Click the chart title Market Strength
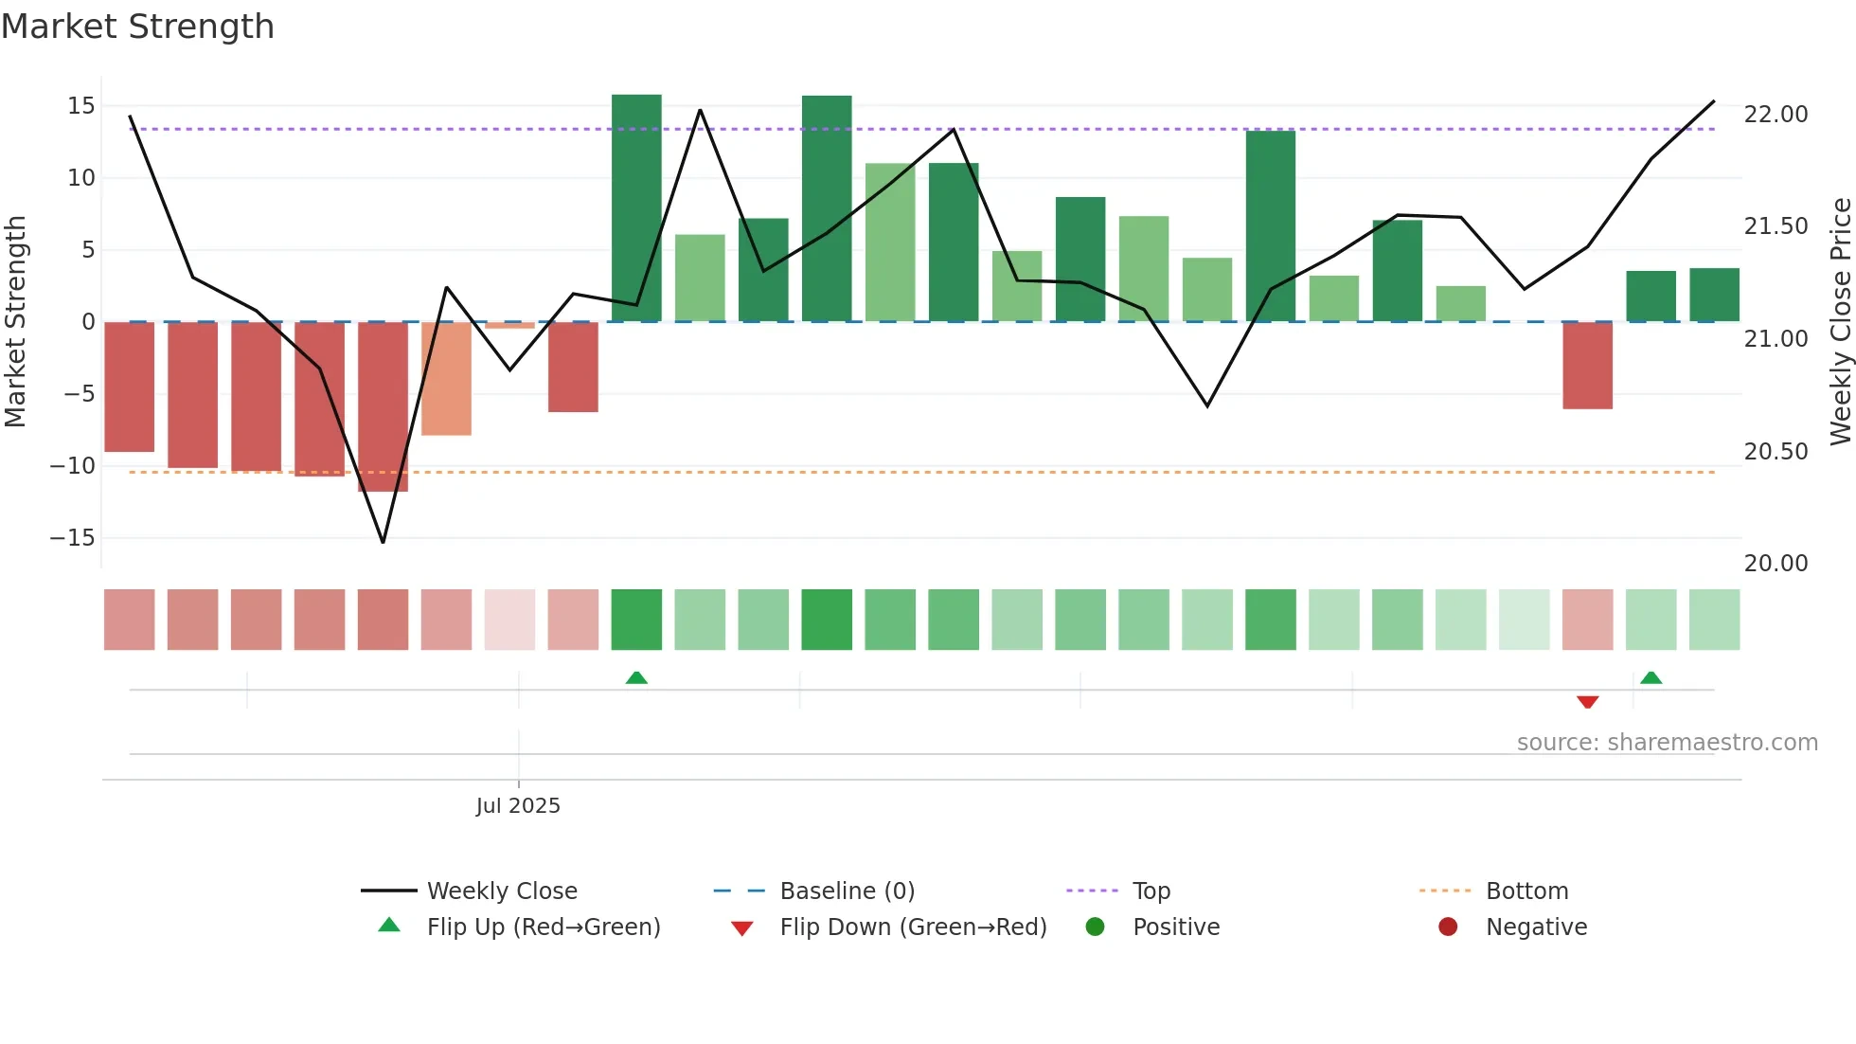137,27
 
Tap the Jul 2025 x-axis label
518,805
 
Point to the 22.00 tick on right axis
1776,115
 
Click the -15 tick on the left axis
73,537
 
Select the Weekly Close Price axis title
1840,321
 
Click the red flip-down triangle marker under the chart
1588,702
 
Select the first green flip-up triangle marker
636,677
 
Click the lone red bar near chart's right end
1588,365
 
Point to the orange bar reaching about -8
446,378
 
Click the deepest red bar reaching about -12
383,406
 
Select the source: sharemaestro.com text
1667,742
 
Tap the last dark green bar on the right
1714,295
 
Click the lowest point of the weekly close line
383,542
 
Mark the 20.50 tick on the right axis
1776,452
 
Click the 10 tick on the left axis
80,177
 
